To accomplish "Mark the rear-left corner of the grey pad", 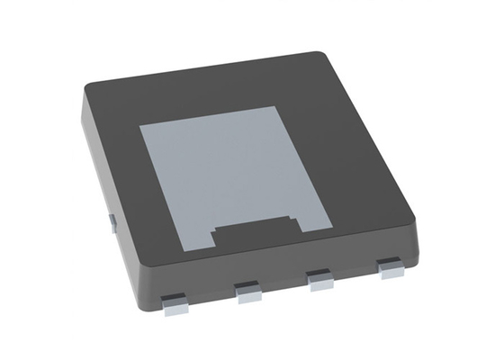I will pyautogui.click(x=141, y=127).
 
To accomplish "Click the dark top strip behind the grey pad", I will pyautogui.click(x=207, y=90).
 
